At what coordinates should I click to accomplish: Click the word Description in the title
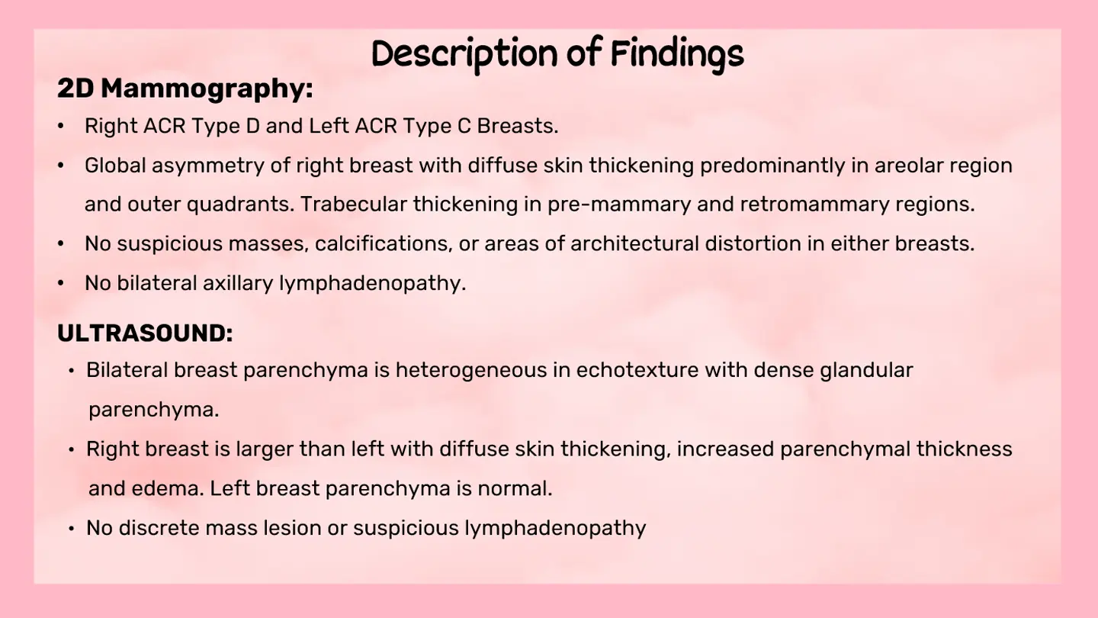pyautogui.click(x=464, y=54)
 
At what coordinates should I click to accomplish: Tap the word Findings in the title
pyautogui.click(x=677, y=54)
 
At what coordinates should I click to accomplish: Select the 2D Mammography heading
pyautogui.click(x=185, y=89)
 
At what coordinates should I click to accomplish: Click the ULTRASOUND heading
pyautogui.click(x=145, y=333)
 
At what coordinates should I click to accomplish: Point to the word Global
pyautogui.click(x=115, y=166)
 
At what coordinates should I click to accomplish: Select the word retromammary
pyautogui.click(x=814, y=204)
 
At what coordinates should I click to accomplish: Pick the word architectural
pyautogui.click(x=634, y=244)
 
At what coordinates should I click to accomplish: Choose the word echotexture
pyautogui.click(x=637, y=370)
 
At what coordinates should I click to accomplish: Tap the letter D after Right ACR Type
pyautogui.click(x=252, y=126)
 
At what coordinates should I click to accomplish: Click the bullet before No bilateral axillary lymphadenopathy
pyautogui.click(x=61, y=283)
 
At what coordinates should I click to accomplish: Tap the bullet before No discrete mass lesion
pyautogui.click(x=72, y=529)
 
